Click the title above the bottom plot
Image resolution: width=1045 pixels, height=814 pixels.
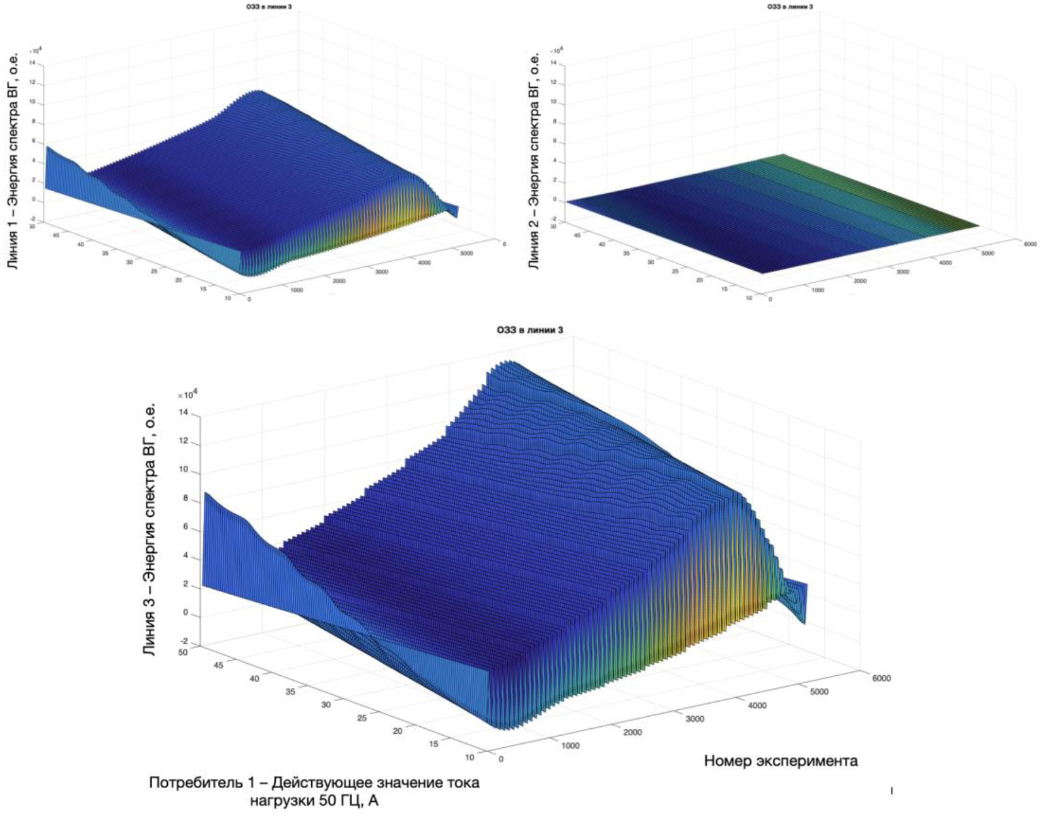pyautogui.click(x=529, y=330)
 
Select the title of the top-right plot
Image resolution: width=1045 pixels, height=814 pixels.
pyautogui.click(x=790, y=7)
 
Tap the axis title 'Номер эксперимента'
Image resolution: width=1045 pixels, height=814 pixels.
pyautogui.click(x=781, y=761)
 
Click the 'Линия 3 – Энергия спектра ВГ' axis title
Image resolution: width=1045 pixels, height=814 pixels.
pyautogui.click(x=149, y=529)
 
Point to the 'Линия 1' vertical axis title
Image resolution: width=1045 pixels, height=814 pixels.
pyautogui.click(x=13, y=161)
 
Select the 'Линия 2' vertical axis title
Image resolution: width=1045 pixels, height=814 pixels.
pyautogui.click(x=534, y=161)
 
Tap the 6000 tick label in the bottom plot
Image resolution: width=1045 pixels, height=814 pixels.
pyautogui.click(x=882, y=678)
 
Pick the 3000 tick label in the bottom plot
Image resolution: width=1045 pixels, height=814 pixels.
pyautogui.click(x=694, y=719)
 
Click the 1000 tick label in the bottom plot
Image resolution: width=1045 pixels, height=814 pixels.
pyautogui.click(x=570, y=746)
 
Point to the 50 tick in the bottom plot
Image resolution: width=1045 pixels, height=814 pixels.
pyautogui.click(x=183, y=652)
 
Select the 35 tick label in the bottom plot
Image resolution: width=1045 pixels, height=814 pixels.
pyautogui.click(x=291, y=692)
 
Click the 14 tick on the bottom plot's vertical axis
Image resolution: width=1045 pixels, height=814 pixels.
pyautogui.click(x=184, y=413)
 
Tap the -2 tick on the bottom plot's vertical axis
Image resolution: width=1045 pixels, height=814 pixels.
pyautogui.click(x=184, y=642)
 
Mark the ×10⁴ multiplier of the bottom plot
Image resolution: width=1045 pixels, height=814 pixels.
pyautogui.click(x=187, y=394)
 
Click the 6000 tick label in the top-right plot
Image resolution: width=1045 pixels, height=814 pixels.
pyautogui.click(x=1029, y=244)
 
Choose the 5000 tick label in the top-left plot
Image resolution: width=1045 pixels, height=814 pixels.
pyautogui.click(x=466, y=253)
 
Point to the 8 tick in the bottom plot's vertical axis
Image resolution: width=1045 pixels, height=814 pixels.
pyautogui.click(x=185, y=498)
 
